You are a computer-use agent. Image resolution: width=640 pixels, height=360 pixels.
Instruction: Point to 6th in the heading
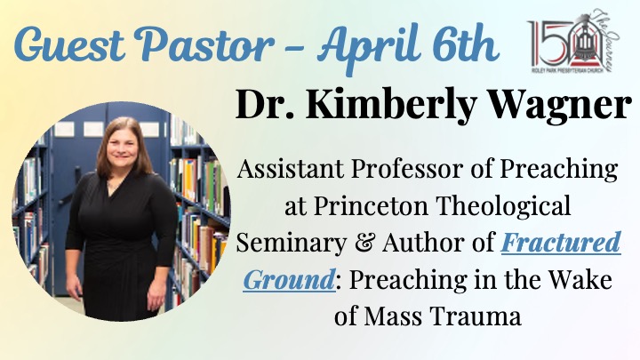(464, 42)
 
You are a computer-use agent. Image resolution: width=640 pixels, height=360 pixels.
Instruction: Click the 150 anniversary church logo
(573, 41)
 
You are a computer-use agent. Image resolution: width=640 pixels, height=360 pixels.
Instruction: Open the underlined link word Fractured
(561, 243)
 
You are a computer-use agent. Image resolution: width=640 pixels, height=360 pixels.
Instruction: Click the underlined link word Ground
(289, 280)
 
